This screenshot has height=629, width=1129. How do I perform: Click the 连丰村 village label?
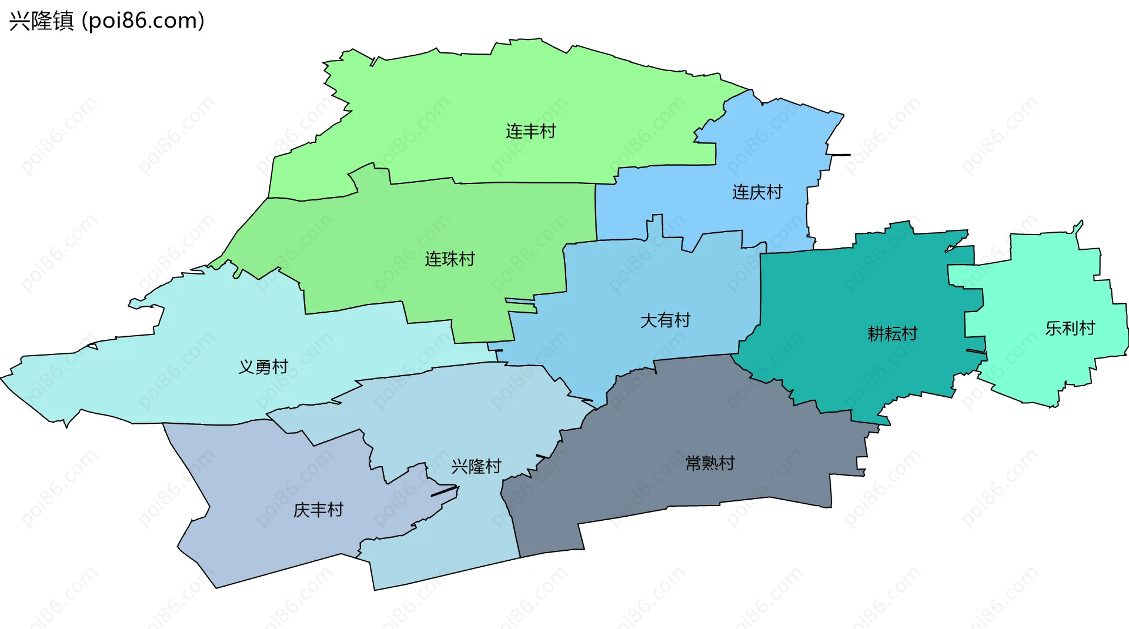coord(530,131)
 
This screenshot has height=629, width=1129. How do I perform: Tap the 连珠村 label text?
coord(450,259)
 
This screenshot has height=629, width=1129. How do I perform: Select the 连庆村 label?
coord(757,192)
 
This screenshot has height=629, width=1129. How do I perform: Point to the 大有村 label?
coord(665,320)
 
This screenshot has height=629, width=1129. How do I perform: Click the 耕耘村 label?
coord(892,334)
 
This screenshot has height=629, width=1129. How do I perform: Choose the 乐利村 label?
coord(1070,328)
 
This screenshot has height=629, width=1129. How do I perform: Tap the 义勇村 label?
coord(263,367)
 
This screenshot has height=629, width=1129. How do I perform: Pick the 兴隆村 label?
coord(476,467)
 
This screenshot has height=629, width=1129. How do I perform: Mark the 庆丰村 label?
coord(318,510)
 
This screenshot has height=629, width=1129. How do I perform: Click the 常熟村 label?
coord(710,463)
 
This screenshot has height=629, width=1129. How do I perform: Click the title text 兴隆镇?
coord(41,21)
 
